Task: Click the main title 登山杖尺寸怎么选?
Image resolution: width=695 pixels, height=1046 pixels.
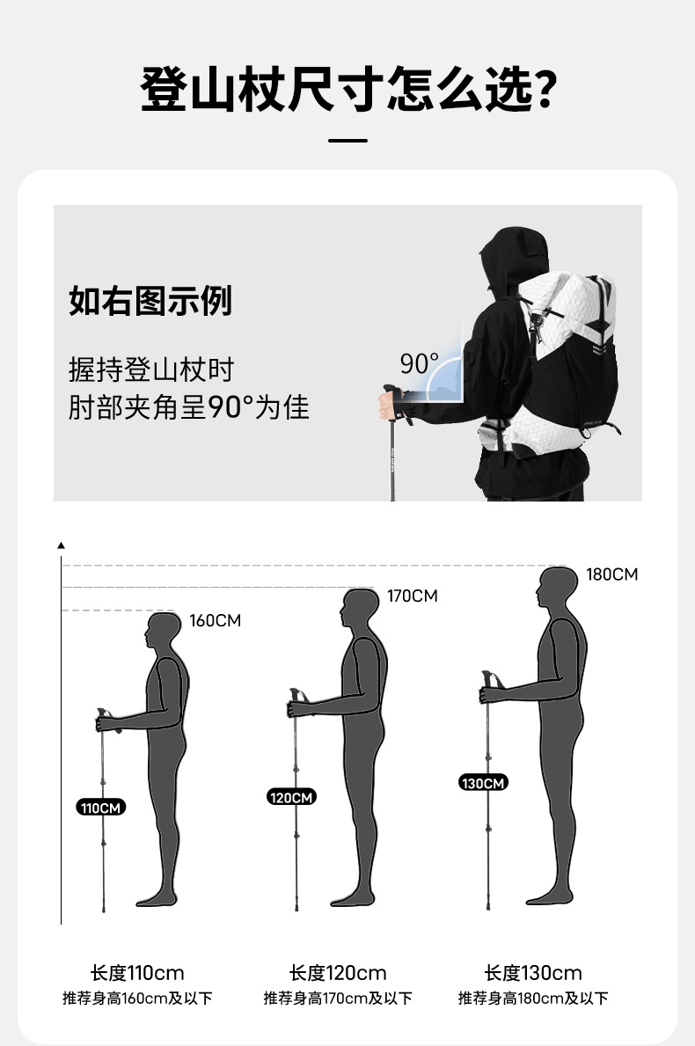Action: pyautogui.click(x=347, y=89)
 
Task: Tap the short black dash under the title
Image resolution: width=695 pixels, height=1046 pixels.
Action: pyautogui.click(x=347, y=141)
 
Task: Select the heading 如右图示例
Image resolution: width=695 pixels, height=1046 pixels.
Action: pyautogui.click(x=150, y=300)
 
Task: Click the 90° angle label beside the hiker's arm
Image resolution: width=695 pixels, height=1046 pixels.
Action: pyautogui.click(x=419, y=363)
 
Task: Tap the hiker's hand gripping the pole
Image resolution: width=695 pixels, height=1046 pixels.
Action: pyautogui.click(x=387, y=405)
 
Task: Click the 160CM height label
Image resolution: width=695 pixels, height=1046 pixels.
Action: pyautogui.click(x=215, y=620)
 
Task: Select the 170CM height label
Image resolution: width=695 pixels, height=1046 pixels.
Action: pyautogui.click(x=413, y=596)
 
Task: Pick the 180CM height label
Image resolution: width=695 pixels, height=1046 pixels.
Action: pyautogui.click(x=611, y=574)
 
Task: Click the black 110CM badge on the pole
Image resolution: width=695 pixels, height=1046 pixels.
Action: pyautogui.click(x=100, y=808)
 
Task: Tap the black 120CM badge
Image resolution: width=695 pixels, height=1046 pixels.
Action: pyautogui.click(x=291, y=797)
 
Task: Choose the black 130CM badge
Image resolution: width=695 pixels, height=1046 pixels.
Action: pyautogui.click(x=484, y=782)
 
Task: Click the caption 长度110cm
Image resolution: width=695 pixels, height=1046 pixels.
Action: pyautogui.click(x=137, y=973)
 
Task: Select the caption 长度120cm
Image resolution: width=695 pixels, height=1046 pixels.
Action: pyautogui.click(x=338, y=973)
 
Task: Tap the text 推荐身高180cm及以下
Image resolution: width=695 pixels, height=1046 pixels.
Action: pyautogui.click(x=533, y=998)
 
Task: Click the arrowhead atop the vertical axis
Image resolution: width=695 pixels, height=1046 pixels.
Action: pyautogui.click(x=62, y=545)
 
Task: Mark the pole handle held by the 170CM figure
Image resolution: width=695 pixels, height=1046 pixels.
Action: pyautogui.click(x=297, y=698)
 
